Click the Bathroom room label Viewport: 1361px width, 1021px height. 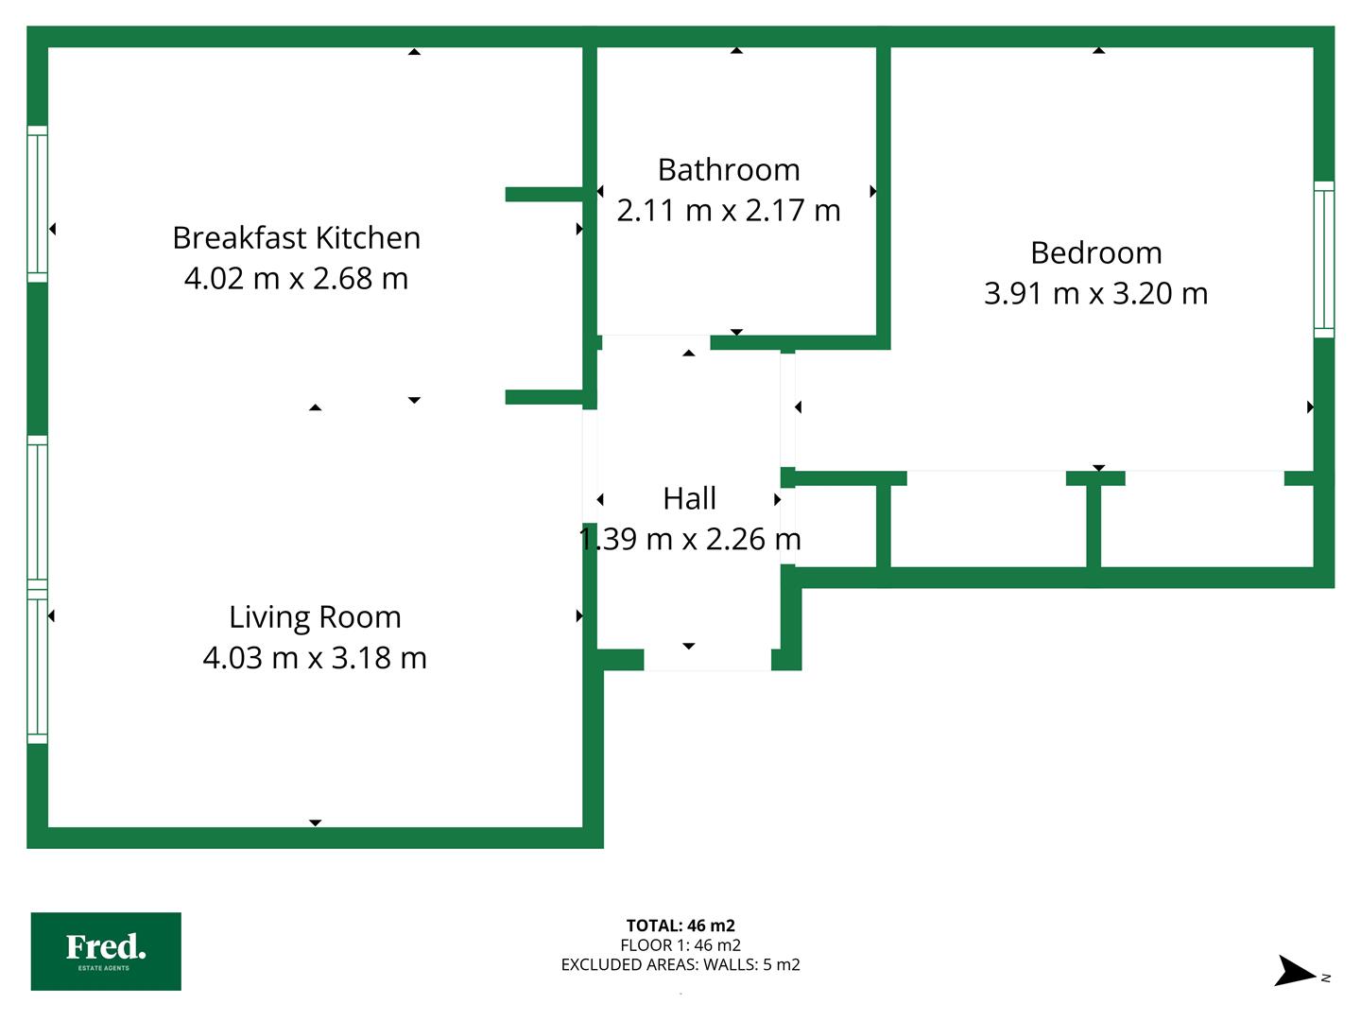(x=729, y=170)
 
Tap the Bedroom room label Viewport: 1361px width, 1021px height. (x=1095, y=253)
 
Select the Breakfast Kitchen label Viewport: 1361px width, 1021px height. (x=297, y=238)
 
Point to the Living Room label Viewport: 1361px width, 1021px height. (x=315, y=617)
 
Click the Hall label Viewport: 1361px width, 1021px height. (x=690, y=498)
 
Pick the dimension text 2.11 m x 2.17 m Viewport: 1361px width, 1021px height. (x=729, y=210)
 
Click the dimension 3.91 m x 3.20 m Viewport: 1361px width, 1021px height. (x=1095, y=293)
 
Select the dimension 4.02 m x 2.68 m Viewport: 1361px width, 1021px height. (x=297, y=278)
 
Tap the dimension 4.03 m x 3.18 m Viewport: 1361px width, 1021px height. (x=315, y=658)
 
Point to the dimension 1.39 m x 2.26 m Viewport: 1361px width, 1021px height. (x=690, y=539)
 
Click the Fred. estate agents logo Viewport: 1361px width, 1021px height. (x=106, y=952)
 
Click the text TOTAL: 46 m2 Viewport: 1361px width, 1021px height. (x=680, y=926)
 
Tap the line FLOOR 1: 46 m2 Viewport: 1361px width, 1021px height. (x=680, y=945)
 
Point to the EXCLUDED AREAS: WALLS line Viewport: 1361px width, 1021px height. (x=680, y=964)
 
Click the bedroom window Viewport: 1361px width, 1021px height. (x=1324, y=259)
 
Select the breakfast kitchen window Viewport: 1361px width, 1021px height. (x=37, y=204)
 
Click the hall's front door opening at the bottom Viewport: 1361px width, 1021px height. (x=707, y=660)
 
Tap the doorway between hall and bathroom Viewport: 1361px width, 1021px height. (x=656, y=342)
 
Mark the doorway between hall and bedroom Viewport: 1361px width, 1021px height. (x=787, y=409)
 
